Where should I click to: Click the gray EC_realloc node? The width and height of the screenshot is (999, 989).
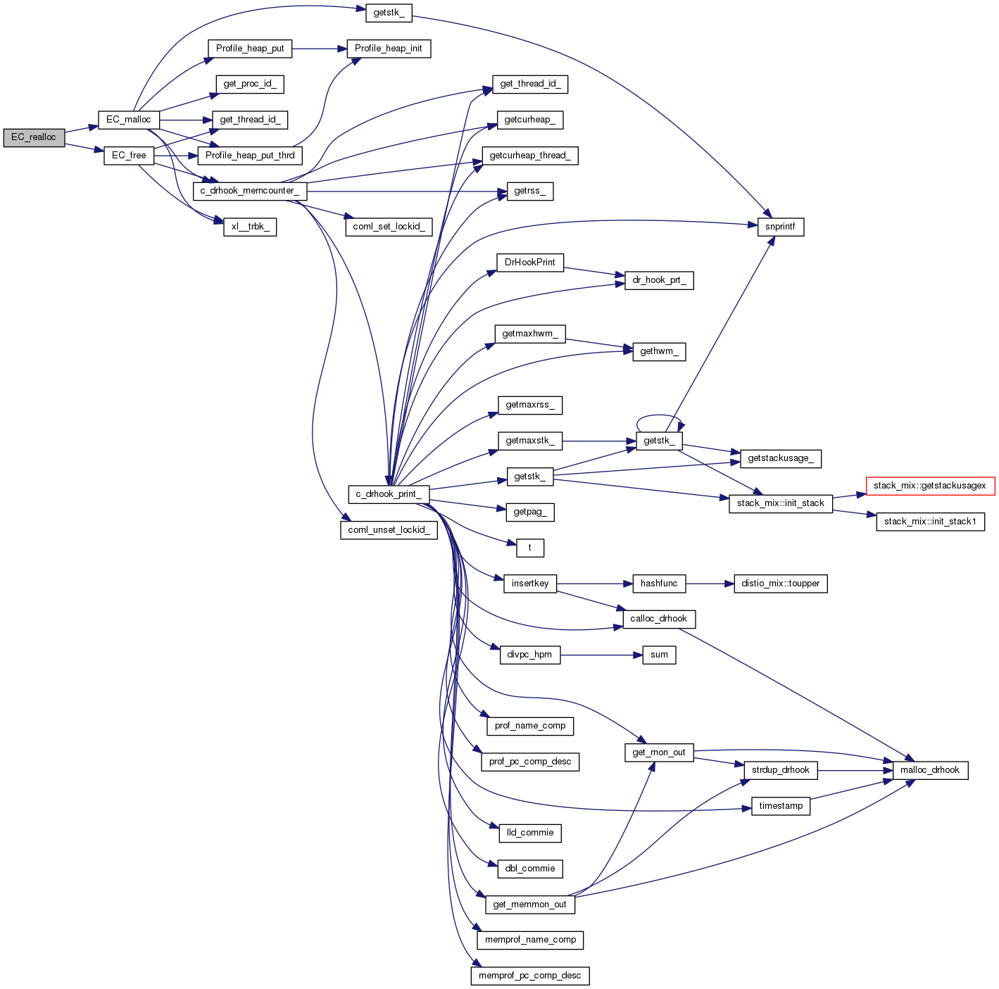[x=33, y=137]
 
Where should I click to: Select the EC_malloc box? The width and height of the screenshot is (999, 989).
[x=128, y=120]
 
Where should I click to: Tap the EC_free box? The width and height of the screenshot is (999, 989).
[x=129, y=156]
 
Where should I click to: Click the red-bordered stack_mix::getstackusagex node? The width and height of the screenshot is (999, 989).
[x=929, y=486]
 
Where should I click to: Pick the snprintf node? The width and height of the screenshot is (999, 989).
[x=780, y=227]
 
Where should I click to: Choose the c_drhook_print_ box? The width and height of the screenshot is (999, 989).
[x=389, y=494]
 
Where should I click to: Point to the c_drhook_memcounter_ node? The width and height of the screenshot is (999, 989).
[x=249, y=191]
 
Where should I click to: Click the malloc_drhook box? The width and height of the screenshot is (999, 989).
[x=929, y=770]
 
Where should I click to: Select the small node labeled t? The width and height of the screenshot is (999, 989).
[x=529, y=548]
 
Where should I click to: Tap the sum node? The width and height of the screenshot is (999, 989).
[x=659, y=655]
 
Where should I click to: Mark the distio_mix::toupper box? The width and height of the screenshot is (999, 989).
[x=780, y=584]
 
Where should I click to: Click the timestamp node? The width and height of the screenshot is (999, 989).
[x=781, y=806]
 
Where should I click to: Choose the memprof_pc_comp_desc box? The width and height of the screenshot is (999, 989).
[x=529, y=976]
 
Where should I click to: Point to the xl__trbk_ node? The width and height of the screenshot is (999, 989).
[x=249, y=227]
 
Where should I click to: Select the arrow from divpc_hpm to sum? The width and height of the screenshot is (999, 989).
[x=601, y=655]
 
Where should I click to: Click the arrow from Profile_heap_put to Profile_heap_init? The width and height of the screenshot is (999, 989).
[x=319, y=49]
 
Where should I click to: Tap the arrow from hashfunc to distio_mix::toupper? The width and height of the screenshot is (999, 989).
[x=710, y=584]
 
